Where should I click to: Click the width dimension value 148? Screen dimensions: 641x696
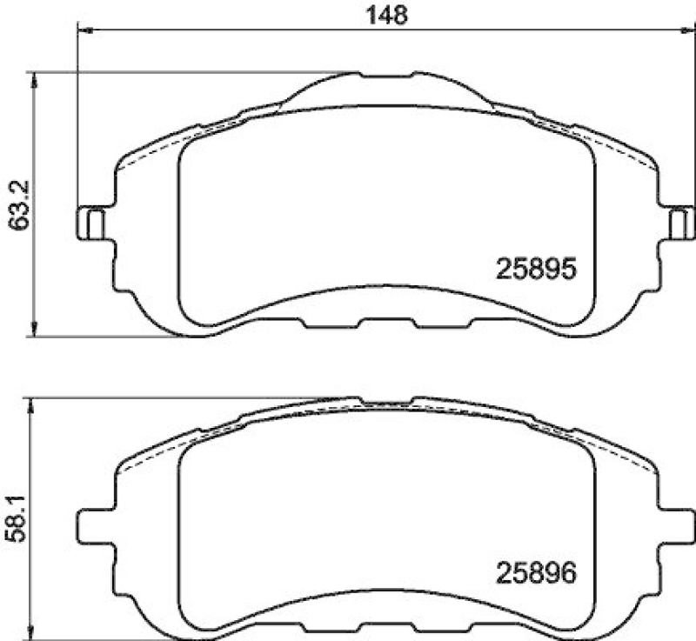(385, 15)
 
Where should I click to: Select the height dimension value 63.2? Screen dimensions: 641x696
(15, 204)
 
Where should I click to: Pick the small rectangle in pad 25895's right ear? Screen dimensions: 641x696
(678, 224)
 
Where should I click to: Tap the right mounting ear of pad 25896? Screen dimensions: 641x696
(679, 527)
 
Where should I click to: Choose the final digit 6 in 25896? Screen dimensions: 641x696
(570, 574)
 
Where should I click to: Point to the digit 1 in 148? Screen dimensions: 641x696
(369, 15)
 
